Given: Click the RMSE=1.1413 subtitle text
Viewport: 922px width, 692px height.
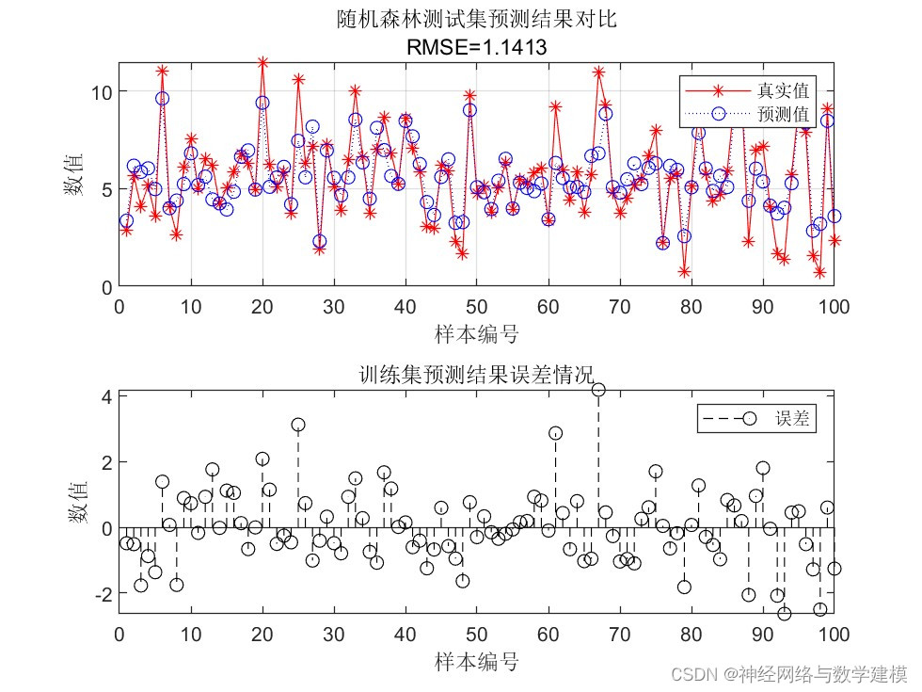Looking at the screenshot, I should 476,45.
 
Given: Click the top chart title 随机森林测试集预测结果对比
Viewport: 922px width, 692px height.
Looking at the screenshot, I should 476,19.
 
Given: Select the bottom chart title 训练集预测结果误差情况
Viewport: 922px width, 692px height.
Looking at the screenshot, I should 476,374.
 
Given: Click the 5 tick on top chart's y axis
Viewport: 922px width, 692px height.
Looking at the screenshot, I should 105,189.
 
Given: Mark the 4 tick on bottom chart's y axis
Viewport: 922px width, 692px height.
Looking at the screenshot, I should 105,397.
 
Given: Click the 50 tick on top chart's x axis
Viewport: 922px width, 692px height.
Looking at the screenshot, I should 476,306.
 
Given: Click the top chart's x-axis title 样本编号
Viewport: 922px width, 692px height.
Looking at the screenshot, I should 476,333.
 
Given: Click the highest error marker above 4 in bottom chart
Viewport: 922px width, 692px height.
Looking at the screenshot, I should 598,390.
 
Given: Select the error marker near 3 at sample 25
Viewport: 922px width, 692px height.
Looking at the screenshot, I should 298,425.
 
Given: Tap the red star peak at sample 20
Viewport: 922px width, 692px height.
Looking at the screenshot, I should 262,63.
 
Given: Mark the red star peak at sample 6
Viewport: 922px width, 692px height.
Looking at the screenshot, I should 162,71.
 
